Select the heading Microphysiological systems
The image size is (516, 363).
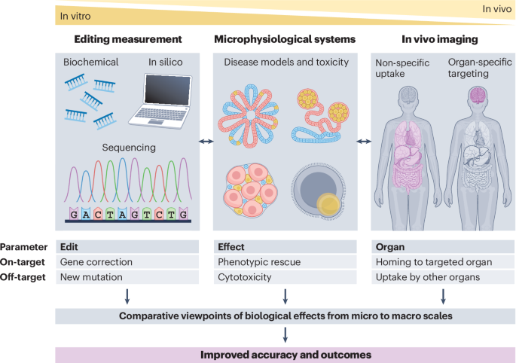(285, 38)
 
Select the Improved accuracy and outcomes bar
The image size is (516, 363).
(285, 354)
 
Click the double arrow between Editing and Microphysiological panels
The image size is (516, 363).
(205, 141)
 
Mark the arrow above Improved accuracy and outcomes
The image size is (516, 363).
(285, 334)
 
